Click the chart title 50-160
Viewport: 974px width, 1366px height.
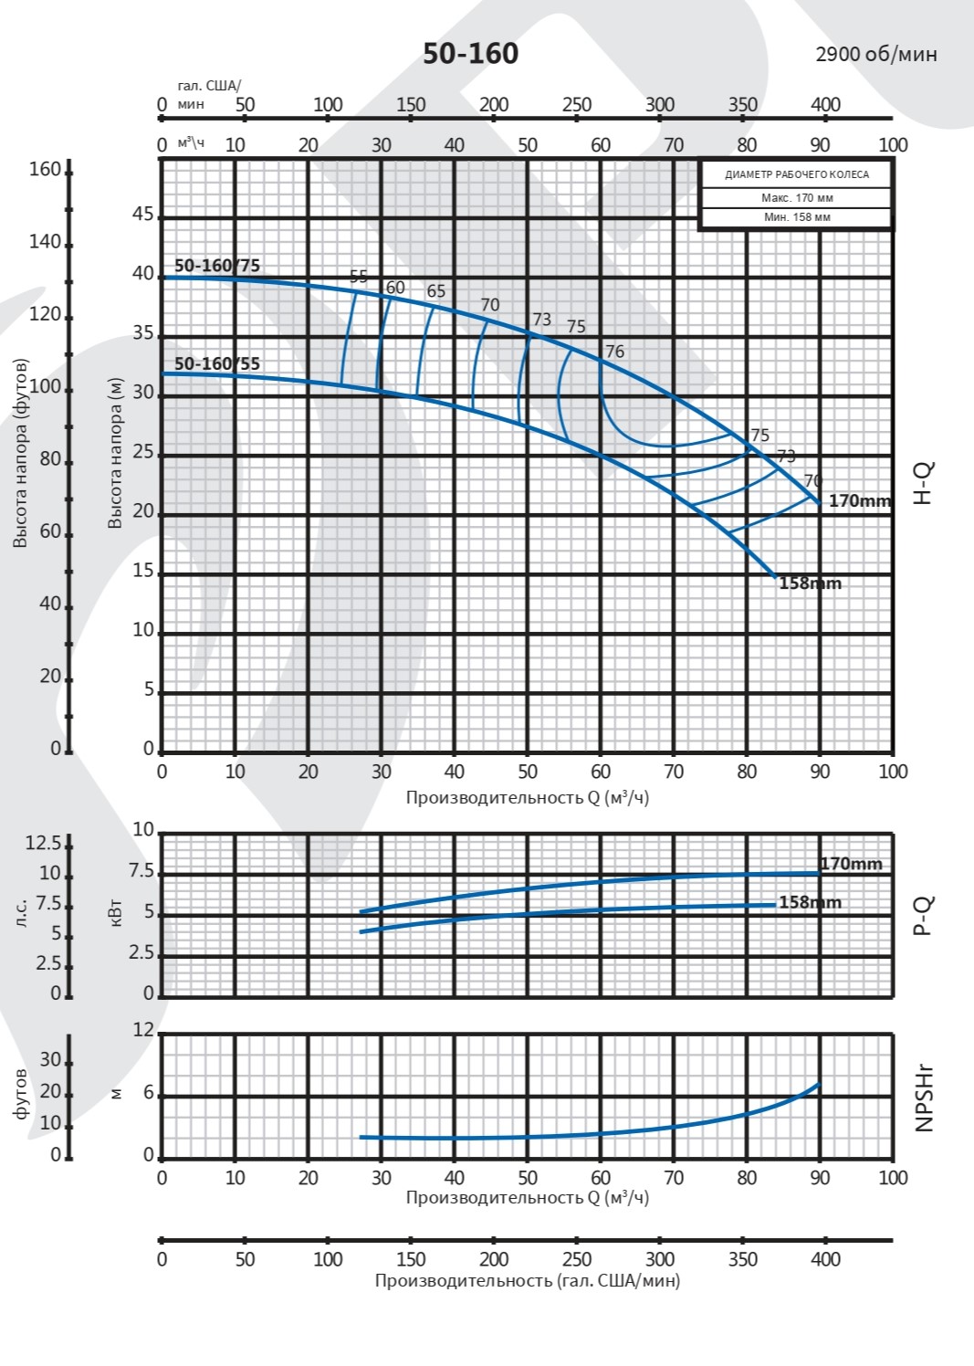tap(470, 54)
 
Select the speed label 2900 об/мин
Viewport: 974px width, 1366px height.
tap(875, 54)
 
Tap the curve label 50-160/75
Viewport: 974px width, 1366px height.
tap(217, 266)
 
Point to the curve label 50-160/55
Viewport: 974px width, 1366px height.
tap(217, 363)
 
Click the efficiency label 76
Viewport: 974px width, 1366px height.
tap(614, 352)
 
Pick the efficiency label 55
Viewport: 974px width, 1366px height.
tap(359, 277)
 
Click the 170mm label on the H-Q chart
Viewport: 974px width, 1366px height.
tap(859, 500)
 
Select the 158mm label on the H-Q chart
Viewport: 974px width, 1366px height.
tap(810, 583)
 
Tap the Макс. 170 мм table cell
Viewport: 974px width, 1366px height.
tap(796, 198)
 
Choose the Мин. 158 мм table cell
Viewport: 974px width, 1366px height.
tap(796, 217)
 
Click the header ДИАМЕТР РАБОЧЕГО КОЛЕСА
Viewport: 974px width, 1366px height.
tap(796, 174)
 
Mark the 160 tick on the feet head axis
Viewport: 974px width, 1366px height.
tap(44, 170)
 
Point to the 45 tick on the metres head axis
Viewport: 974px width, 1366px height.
tap(143, 215)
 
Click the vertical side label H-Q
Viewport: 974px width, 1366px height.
tap(924, 483)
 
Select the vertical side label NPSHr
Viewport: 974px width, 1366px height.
tap(924, 1098)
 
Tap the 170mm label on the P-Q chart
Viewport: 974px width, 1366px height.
tap(851, 863)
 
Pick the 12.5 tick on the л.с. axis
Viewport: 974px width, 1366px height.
tap(43, 842)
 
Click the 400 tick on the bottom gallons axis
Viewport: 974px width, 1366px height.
tap(825, 1259)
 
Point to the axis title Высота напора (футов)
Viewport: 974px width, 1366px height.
tap(20, 453)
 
